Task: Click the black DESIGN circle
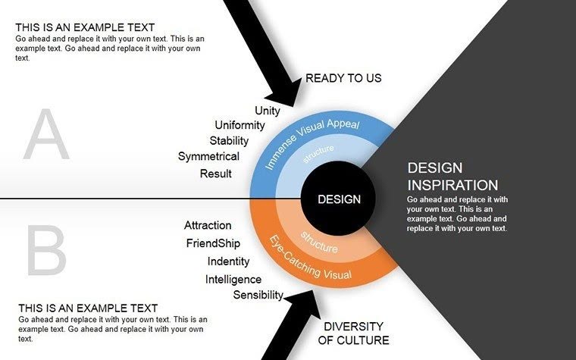click(339, 199)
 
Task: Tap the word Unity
click(268, 111)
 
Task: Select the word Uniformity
click(239, 125)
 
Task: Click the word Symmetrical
click(208, 157)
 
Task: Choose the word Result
click(216, 174)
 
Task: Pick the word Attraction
click(208, 225)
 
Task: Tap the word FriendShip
click(213, 243)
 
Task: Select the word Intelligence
click(233, 280)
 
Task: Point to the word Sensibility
click(258, 295)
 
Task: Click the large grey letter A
click(46, 136)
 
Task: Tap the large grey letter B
click(48, 251)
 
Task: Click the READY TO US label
click(343, 78)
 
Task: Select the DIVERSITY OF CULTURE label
click(352, 333)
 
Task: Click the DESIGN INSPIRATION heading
click(452, 176)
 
